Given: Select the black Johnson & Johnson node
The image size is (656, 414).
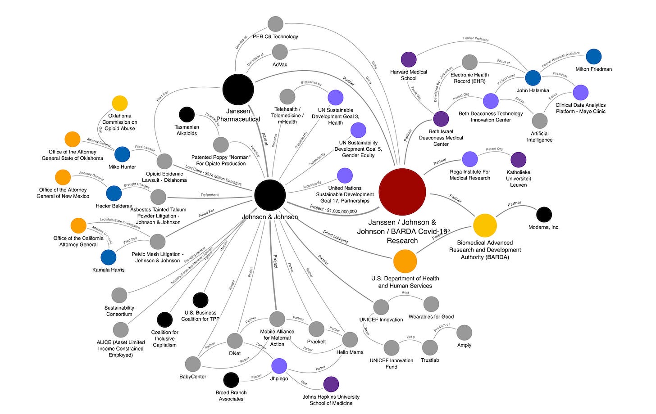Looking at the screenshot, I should [270, 195].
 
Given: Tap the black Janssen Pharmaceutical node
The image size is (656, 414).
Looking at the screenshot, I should [238, 89].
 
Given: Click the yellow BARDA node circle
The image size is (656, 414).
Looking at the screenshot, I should [485, 225].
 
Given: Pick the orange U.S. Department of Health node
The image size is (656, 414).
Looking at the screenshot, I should [405, 261].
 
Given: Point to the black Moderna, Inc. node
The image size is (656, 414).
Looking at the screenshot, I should [544, 215].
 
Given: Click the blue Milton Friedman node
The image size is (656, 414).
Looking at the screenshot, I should [593, 57].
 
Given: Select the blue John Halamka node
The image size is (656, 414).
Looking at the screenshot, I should [533, 78].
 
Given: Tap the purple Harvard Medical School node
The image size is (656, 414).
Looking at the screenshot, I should [409, 59].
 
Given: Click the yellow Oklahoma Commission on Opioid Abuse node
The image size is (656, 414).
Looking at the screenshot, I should [120, 103].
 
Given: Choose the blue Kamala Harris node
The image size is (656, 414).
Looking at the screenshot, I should [108, 257].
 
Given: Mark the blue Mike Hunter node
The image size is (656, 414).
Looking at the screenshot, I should [122, 154].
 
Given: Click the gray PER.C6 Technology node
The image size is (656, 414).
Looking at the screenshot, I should [275, 24].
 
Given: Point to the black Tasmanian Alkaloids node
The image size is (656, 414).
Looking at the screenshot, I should [187, 114].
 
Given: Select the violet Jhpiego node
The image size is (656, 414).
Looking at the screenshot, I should [279, 366].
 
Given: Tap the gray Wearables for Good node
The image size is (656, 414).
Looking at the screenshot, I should [431, 304].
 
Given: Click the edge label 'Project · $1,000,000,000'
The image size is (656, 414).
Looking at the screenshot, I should [333, 209].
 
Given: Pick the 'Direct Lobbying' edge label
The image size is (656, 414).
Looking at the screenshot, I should [335, 237].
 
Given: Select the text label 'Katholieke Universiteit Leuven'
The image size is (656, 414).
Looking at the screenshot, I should [518, 178].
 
